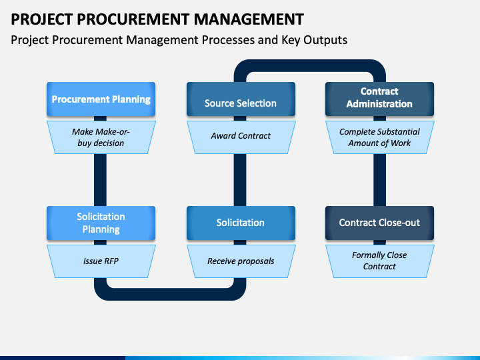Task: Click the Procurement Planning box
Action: pyautogui.click(x=101, y=99)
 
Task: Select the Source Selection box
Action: pyautogui.click(x=241, y=99)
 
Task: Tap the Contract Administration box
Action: pyautogui.click(x=379, y=99)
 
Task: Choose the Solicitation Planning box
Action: pyautogui.click(x=101, y=223)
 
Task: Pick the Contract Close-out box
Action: pyautogui.click(x=379, y=223)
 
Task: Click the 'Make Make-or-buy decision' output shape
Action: pyautogui.click(x=101, y=137)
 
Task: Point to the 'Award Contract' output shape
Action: pyautogui.click(x=241, y=137)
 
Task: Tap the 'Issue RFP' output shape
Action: pyautogui.click(x=101, y=261)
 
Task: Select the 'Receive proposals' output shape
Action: pyautogui.click(x=241, y=261)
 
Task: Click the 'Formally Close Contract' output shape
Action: pyautogui.click(x=379, y=261)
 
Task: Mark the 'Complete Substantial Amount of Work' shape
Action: pyautogui.click(x=379, y=137)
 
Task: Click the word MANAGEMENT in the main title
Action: pyautogui.click(x=249, y=19)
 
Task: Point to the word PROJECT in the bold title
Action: pyautogui.click(x=41, y=19)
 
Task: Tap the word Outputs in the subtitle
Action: pyautogui.click(x=325, y=40)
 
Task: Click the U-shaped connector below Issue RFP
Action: pyautogui.click(x=170, y=294)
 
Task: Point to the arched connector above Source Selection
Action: pyautogui.click(x=310, y=65)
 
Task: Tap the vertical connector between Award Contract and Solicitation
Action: pyautogui.click(x=240, y=180)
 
